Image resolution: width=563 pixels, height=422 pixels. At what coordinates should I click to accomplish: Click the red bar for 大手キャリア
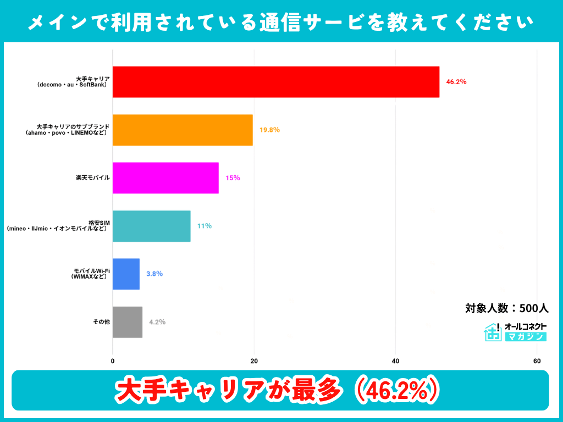[x=276, y=82]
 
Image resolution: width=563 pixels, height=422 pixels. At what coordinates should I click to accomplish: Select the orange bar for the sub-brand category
[x=183, y=130]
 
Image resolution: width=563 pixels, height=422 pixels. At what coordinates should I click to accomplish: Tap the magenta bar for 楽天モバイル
[x=165, y=178]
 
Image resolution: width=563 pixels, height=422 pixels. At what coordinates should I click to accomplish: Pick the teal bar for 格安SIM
[x=152, y=226]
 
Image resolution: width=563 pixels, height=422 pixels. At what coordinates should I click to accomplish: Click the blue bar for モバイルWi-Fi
[x=126, y=274]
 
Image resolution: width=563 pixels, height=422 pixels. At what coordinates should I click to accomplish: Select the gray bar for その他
[x=128, y=321]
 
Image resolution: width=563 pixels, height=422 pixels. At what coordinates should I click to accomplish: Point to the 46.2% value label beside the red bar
[x=456, y=82]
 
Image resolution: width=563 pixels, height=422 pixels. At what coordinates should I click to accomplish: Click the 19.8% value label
[x=269, y=130]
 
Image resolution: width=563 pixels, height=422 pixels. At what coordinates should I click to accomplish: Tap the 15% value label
[x=233, y=178]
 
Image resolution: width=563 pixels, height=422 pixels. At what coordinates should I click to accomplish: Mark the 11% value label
[x=205, y=226]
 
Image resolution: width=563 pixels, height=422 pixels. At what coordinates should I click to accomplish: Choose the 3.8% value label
[x=154, y=274]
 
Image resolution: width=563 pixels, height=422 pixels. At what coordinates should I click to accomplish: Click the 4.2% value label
[x=157, y=321]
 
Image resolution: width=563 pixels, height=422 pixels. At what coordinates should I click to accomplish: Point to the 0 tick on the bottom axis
[x=113, y=361]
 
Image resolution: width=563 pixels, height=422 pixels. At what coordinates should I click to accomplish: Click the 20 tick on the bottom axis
[x=254, y=361]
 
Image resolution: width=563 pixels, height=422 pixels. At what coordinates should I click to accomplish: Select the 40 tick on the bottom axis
[x=395, y=361]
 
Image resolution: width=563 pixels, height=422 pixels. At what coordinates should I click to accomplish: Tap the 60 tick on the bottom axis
[x=537, y=361]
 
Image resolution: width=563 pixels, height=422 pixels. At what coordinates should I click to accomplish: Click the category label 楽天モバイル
[x=93, y=178]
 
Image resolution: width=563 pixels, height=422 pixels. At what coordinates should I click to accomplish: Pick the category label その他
[x=101, y=321]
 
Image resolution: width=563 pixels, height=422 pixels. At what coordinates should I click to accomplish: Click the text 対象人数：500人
[x=507, y=308]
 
